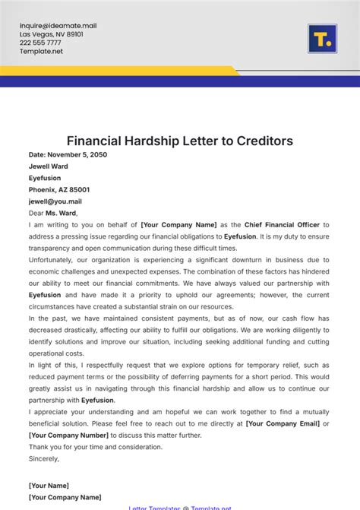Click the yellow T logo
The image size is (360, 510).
tap(322, 38)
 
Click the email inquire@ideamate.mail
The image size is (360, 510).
tap(58, 26)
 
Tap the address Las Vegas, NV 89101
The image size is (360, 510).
tap(52, 34)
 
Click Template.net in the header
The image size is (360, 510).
tap(41, 52)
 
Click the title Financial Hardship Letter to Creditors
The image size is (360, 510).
tap(180, 141)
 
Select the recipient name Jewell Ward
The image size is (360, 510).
tap(48, 166)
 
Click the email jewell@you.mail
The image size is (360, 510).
tap(55, 201)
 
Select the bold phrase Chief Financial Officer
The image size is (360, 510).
tap(282, 225)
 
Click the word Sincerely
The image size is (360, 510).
tap(44, 459)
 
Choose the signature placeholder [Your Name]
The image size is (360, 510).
tap(49, 486)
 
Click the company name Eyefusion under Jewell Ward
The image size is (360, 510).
tap(46, 178)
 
